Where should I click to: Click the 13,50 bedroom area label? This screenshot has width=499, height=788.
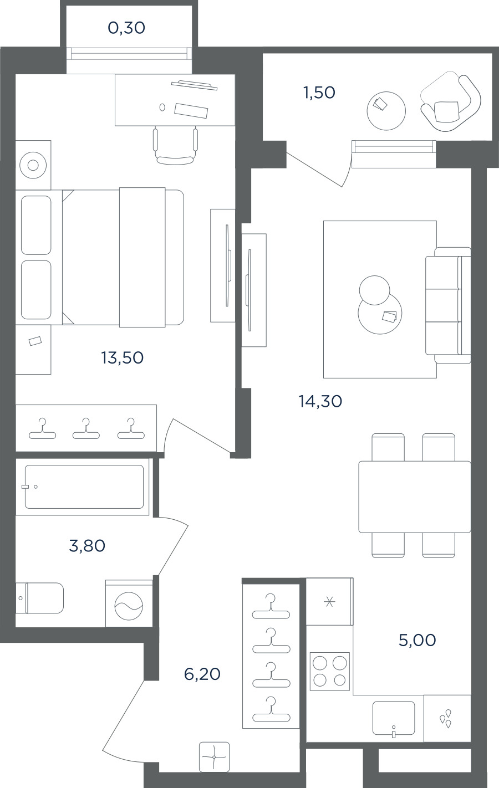click(123, 358)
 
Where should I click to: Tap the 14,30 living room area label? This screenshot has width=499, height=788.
click(320, 401)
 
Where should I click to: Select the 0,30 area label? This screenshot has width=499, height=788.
click(126, 28)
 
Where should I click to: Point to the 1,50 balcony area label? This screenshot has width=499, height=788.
click(319, 93)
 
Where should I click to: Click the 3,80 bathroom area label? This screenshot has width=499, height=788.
click(87, 546)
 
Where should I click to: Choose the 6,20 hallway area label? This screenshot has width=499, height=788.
click(202, 674)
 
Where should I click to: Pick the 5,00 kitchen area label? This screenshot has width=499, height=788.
click(417, 640)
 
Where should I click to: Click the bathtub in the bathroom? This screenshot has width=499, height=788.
click(84, 487)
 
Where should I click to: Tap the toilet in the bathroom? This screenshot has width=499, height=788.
click(40, 598)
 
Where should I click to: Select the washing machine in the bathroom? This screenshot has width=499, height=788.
click(129, 603)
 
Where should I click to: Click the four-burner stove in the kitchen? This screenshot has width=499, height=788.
click(330, 671)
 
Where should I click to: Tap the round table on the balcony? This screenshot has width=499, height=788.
click(386, 111)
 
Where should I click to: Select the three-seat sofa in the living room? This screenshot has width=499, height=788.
click(448, 305)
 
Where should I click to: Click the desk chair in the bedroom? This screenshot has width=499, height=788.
click(175, 146)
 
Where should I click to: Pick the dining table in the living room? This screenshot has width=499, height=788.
click(415, 497)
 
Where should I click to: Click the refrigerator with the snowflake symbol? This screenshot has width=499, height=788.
click(329, 602)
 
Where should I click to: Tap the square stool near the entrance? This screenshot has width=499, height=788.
click(215, 757)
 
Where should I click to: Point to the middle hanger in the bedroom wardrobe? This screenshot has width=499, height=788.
click(86, 429)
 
